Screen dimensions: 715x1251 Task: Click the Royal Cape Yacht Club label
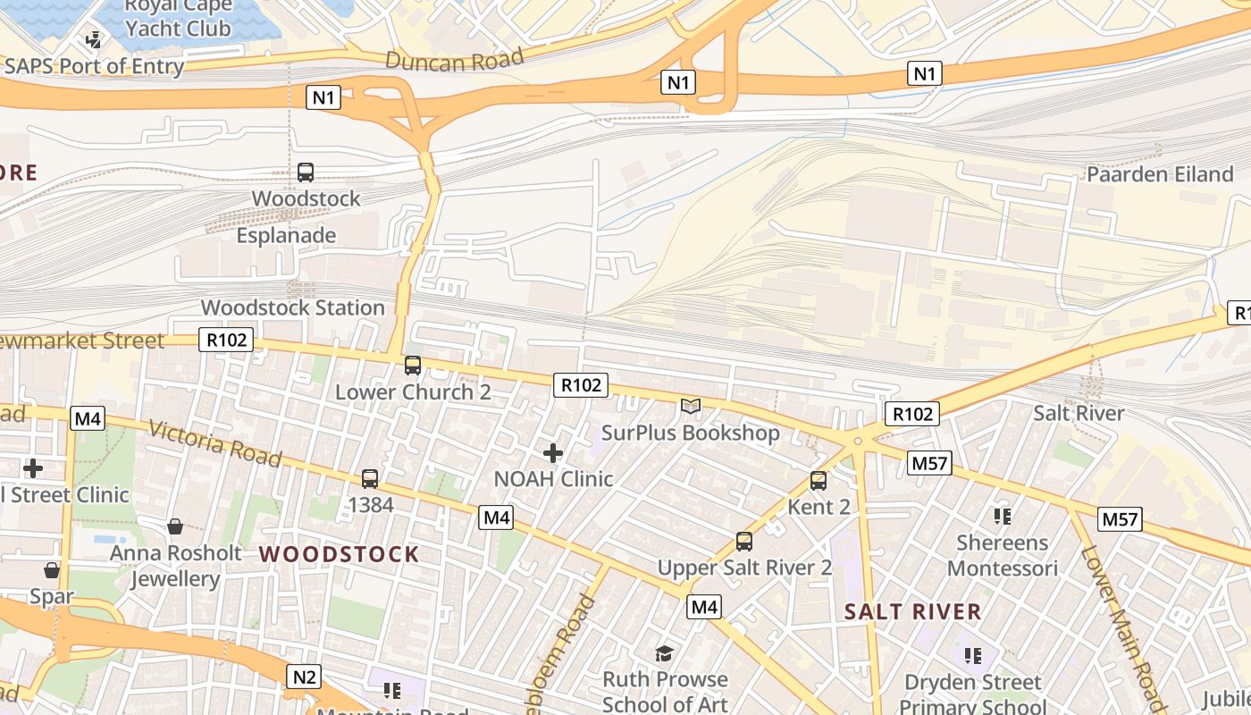178,17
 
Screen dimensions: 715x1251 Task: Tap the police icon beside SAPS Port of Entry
93,39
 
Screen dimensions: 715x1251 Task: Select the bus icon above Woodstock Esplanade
306,172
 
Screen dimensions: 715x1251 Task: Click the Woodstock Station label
292,307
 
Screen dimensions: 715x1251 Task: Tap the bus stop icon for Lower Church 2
413,365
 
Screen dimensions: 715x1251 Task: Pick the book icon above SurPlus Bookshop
690,407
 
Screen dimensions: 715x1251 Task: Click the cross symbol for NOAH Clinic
553,453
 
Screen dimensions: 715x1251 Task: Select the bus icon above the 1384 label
370,479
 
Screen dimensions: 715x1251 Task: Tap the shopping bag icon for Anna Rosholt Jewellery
175,526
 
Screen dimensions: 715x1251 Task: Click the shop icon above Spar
52,570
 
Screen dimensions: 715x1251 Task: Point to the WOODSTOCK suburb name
339,554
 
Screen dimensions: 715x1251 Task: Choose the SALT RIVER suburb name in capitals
912,612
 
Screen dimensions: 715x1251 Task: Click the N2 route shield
304,677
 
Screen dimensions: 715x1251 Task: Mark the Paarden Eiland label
1159,174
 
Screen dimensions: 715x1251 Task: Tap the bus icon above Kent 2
819,481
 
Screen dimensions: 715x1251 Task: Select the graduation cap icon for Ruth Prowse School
664,653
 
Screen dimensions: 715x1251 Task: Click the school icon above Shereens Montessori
1002,517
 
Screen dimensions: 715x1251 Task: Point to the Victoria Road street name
215,443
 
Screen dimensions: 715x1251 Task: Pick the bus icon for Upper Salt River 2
744,542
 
